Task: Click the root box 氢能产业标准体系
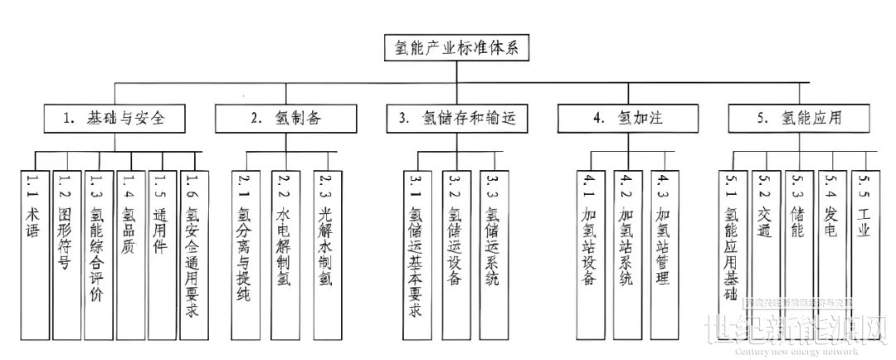[456, 47]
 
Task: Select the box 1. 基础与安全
[114, 119]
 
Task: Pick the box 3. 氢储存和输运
[456, 119]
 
